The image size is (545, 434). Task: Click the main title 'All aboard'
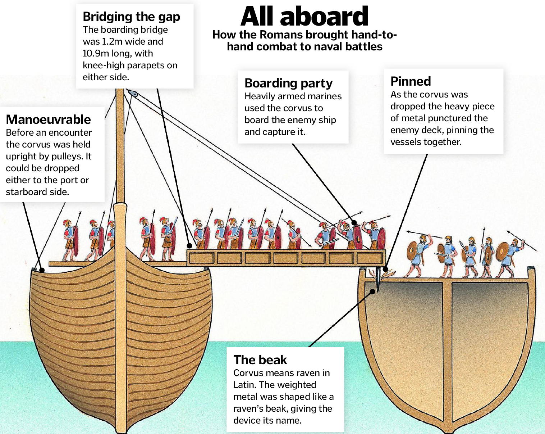(304, 17)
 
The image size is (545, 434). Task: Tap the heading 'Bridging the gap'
(131, 17)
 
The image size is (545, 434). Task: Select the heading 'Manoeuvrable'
(49, 119)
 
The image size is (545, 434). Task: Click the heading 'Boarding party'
(288, 83)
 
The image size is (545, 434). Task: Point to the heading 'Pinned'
(411, 81)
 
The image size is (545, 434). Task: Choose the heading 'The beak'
(260, 360)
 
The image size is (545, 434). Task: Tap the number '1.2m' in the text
(112, 42)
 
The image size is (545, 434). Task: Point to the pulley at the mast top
(132, 93)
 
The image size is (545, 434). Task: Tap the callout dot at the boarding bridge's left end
(189, 246)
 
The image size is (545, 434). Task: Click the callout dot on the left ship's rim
(42, 270)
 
